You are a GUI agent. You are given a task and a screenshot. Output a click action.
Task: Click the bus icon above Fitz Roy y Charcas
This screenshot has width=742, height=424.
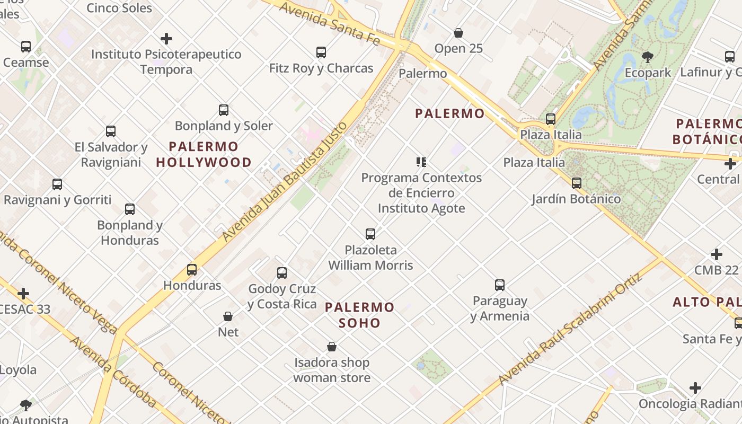point(321,52)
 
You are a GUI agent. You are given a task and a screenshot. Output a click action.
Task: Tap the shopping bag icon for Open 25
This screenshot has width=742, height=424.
point(458,33)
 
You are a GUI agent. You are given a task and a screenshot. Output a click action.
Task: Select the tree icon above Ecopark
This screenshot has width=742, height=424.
point(647,57)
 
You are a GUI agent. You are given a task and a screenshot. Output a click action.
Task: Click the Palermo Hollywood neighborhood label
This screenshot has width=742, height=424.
point(204,154)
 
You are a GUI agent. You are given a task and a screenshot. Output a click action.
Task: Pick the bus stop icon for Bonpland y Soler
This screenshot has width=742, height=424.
point(224,110)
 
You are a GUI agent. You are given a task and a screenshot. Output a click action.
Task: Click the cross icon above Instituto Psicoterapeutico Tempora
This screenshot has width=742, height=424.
point(166,39)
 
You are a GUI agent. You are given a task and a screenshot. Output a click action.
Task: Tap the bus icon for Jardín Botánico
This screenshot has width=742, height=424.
point(577,183)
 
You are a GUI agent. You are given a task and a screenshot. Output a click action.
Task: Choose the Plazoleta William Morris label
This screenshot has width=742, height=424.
point(370,257)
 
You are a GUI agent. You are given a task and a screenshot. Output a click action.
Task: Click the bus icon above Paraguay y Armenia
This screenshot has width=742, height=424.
point(500,285)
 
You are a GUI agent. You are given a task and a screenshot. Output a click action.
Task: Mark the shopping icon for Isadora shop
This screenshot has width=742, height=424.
point(332,347)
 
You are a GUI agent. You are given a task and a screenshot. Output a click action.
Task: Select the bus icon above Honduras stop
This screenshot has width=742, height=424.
point(192,270)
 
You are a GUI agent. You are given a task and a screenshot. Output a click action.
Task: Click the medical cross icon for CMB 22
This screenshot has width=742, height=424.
point(717,254)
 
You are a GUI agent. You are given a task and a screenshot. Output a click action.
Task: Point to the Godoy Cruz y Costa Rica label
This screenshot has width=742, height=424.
point(282,296)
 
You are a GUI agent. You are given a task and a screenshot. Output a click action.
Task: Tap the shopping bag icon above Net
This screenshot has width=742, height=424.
point(228,316)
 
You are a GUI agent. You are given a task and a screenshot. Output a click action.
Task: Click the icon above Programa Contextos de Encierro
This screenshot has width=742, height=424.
point(421,162)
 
